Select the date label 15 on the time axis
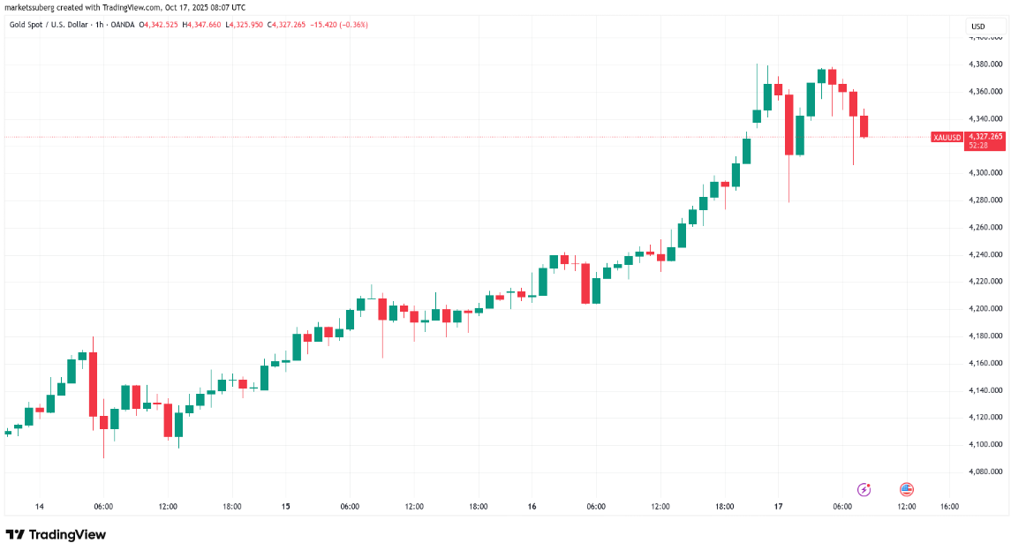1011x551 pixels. [285, 507]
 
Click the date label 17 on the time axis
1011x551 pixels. [778, 507]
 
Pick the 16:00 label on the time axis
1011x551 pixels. [949, 507]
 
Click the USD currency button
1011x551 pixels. [978, 26]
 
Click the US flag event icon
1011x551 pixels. [906, 488]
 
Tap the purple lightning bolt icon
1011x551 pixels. [864, 488]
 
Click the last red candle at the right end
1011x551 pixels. [864, 125]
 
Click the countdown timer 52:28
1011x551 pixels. [980, 145]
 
